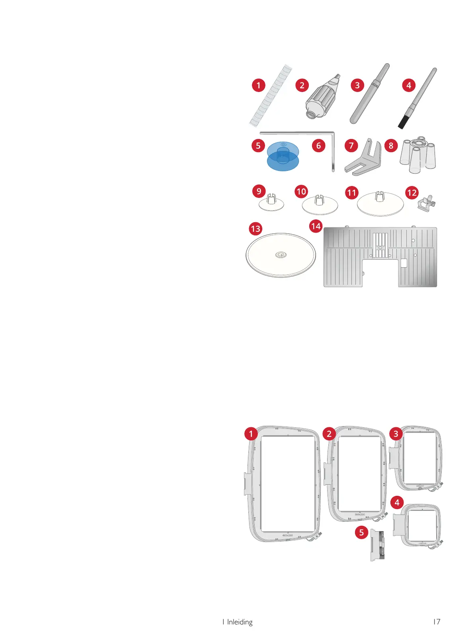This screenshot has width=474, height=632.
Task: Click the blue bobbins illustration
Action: tap(283, 156)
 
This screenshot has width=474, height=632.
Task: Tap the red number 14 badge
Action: tap(316, 227)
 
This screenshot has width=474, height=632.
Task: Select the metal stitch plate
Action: tap(380, 257)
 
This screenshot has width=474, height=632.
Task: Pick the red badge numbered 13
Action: tap(256, 229)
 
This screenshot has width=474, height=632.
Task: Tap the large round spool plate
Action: tap(281, 255)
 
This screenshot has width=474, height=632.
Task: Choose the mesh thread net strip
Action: tap(270, 95)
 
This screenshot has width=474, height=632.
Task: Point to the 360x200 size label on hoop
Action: tap(360, 515)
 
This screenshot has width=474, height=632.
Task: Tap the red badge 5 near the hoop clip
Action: tap(361, 532)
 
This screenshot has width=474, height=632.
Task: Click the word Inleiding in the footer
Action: tap(240, 622)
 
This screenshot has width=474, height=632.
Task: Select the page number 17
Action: tap(437, 622)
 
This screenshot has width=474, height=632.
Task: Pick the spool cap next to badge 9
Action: tap(271, 203)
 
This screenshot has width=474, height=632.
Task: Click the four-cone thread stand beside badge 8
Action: tap(418, 156)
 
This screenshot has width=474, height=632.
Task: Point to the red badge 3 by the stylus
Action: tap(357, 85)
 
